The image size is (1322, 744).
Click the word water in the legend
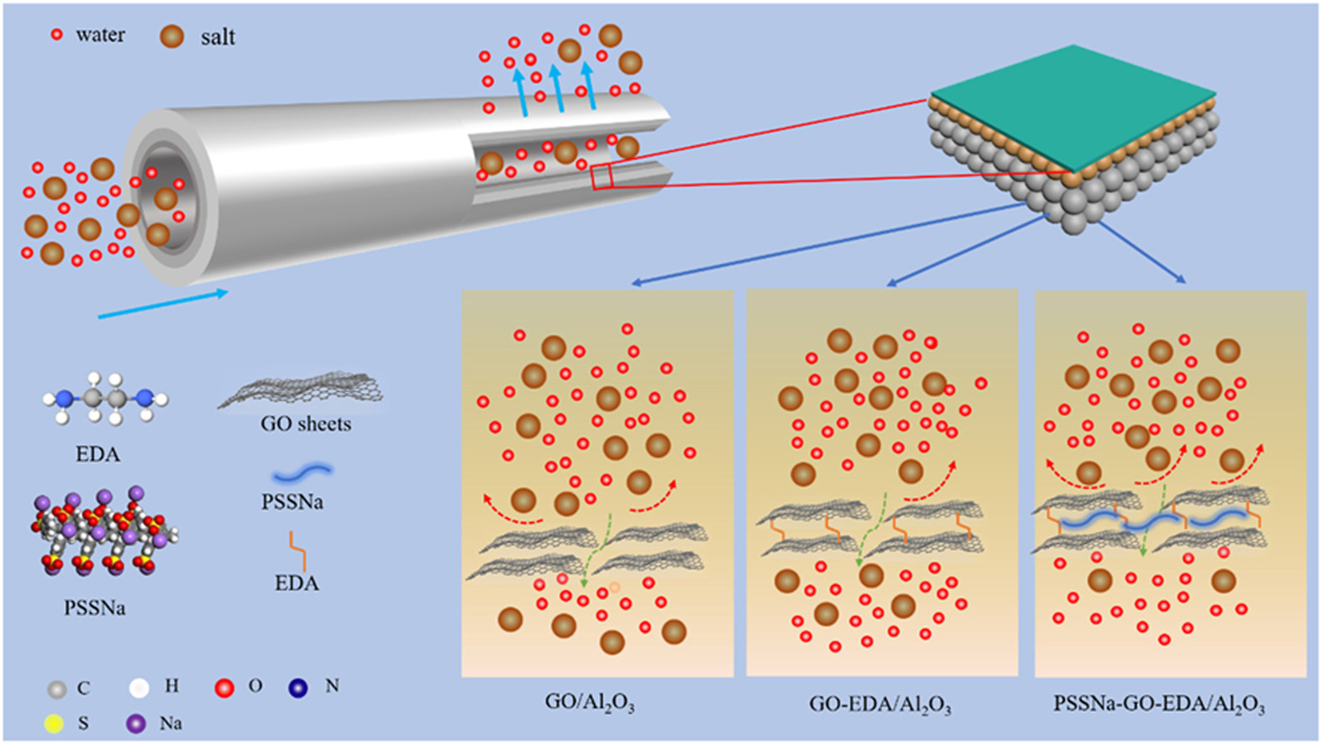tap(100, 35)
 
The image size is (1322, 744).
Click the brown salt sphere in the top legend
tap(172, 36)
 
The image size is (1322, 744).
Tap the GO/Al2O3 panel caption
tap(590, 702)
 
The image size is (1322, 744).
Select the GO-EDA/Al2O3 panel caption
tap(879, 704)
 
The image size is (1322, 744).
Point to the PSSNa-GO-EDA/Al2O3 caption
tap(1159, 704)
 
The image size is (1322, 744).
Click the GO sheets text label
tap(306, 424)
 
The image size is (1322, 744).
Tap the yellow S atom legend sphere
tap(54, 724)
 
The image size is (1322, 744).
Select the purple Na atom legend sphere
tap(136, 723)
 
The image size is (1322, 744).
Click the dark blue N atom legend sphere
tap(298, 688)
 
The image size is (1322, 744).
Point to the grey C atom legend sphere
tap(56, 689)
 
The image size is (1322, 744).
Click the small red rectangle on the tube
tap(601, 177)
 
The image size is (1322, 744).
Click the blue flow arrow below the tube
tap(163, 305)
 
